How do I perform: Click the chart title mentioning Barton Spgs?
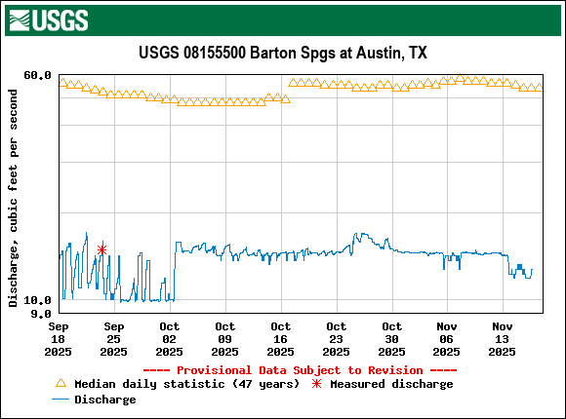(283, 53)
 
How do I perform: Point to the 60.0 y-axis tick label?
(37, 75)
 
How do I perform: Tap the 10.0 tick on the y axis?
(37, 301)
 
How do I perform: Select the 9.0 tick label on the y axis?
(40, 314)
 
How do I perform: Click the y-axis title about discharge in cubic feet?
(14, 198)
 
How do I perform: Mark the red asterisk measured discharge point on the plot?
(101, 250)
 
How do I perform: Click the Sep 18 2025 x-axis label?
(59, 339)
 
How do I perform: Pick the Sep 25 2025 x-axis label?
(113, 339)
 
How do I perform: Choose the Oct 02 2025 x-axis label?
(169, 339)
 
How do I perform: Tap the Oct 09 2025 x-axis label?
(224, 339)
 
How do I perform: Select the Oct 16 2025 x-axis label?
(280, 339)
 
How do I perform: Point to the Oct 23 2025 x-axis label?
(336, 339)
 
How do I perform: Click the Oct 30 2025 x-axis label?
(391, 339)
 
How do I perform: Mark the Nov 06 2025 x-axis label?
(447, 339)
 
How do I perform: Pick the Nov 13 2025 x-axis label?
(503, 339)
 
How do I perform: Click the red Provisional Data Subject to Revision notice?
(300, 370)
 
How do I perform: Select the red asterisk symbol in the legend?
(316, 384)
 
